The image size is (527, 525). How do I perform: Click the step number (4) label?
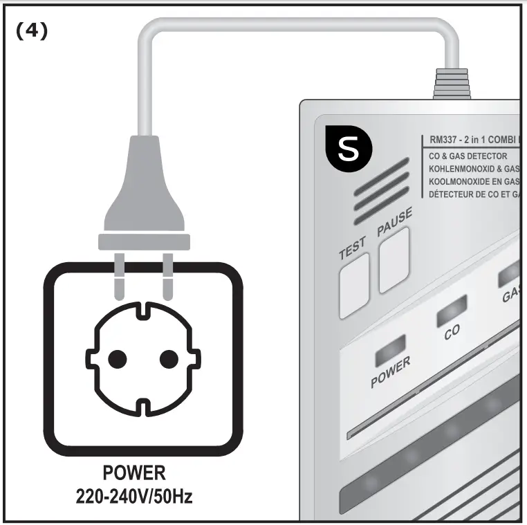click(x=32, y=32)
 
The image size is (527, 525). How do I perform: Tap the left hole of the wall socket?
click(x=118, y=358)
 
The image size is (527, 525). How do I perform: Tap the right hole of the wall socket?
click(x=169, y=358)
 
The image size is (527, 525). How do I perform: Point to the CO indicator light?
click(x=451, y=310)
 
